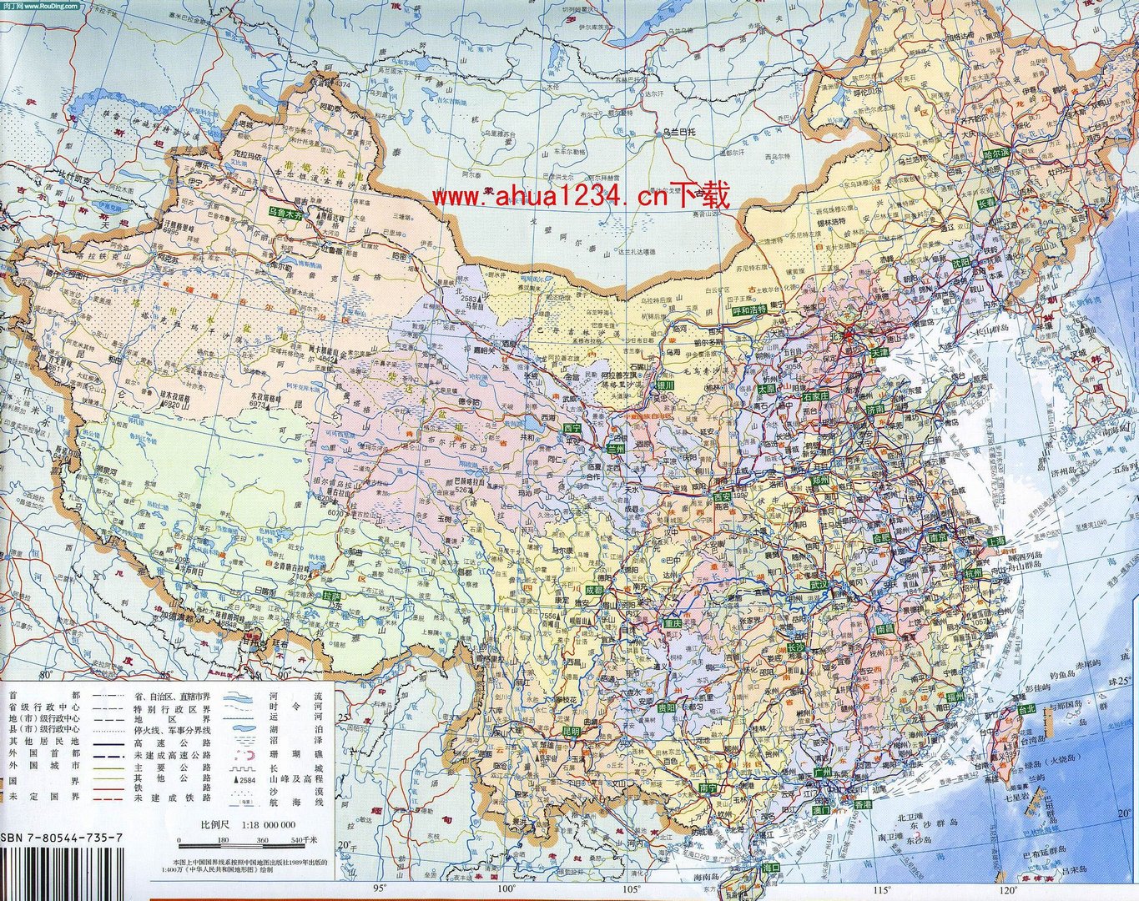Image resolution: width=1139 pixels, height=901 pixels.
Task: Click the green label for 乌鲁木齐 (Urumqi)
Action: coord(289,214)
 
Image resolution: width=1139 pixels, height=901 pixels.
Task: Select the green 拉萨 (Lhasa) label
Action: coord(332,596)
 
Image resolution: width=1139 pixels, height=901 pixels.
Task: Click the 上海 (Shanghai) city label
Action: coord(995,541)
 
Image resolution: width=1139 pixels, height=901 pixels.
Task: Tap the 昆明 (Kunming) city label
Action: coord(570,731)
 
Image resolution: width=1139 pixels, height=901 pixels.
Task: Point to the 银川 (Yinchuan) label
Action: coord(664,385)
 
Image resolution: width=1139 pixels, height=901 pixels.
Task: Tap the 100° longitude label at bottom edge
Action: coord(505,889)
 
